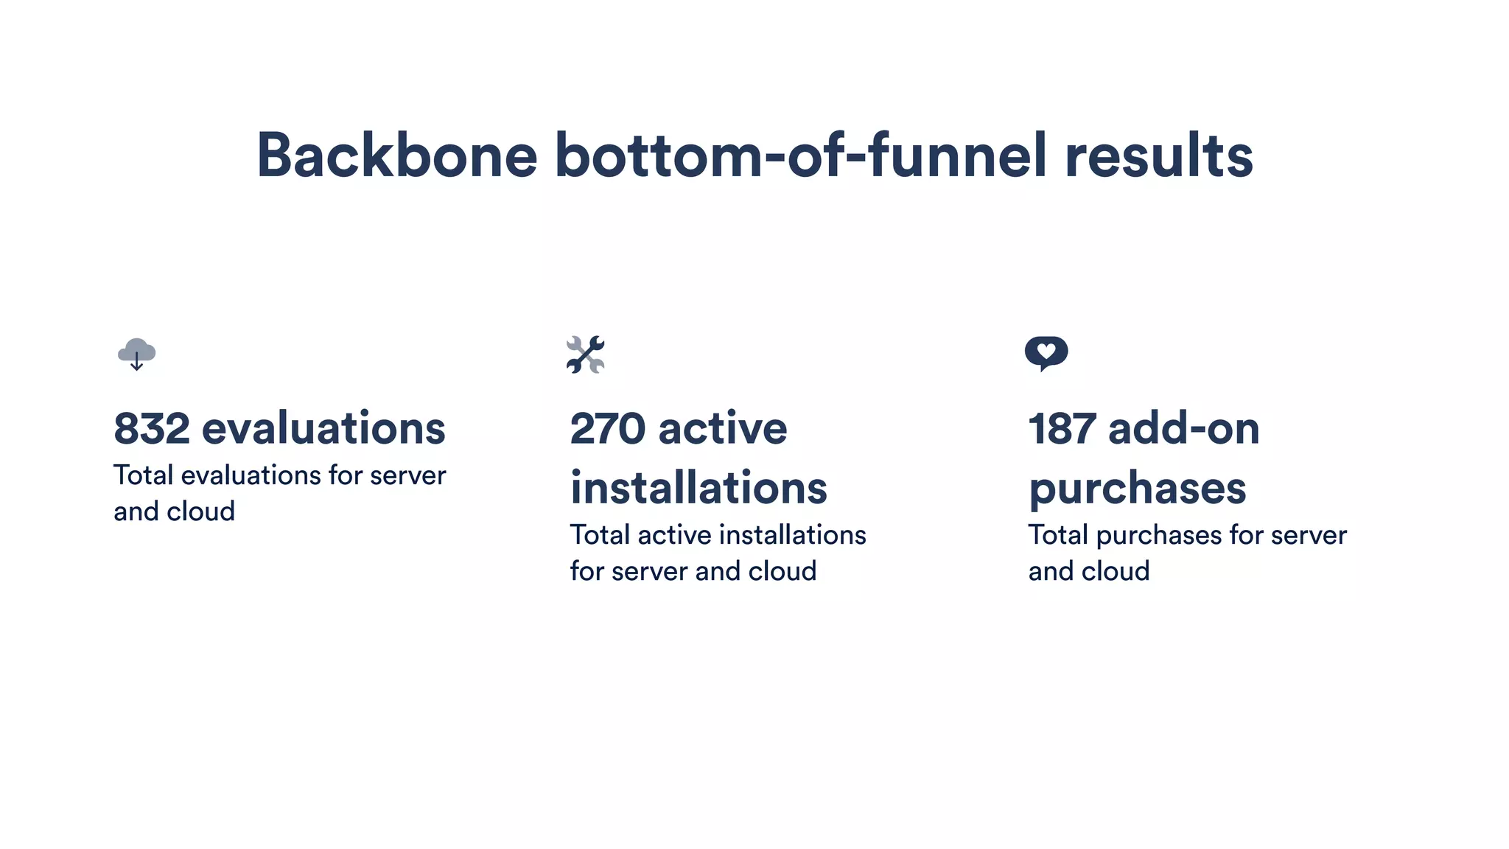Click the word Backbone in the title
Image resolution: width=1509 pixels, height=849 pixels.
point(397,156)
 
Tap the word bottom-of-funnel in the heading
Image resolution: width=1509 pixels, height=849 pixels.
point(800,156)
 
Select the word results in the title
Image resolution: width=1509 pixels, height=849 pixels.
point(1159,156)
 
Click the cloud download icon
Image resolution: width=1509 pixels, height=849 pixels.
point(137,354)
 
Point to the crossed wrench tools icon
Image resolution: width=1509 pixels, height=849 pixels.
point(586,354)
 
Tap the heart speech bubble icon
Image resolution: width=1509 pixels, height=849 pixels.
point(1046,353)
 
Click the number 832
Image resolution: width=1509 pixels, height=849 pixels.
point(152,428)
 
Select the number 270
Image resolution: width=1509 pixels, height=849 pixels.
point(608,428)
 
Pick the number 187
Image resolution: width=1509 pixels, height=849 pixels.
point(1062,428)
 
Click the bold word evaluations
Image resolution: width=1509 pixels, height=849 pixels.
point(323,428)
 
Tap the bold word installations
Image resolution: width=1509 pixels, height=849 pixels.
point(699,488)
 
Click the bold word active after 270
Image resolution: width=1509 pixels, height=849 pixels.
point(723,428)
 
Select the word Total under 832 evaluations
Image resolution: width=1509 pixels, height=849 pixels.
point(143,475)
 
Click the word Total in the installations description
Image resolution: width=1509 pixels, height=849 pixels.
point(600,535)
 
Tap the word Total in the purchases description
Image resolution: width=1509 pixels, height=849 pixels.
point(1058,535)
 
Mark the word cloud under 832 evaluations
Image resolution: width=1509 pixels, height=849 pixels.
point(201,511)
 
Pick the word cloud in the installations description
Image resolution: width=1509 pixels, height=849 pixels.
point(782,571)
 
